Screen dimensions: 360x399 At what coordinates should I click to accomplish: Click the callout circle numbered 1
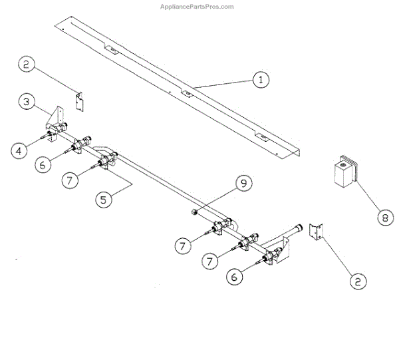tap(261, 79)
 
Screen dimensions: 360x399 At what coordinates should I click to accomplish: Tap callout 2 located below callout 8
tap(357, 281)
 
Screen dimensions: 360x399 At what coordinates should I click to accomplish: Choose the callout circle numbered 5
tap(104, 199)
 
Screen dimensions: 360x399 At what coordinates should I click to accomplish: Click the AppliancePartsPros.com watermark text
tap(197, 7)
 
